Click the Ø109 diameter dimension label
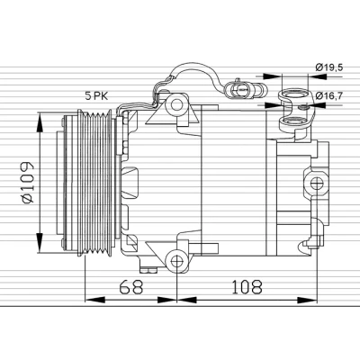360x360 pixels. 28,183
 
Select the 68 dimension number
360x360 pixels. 131,286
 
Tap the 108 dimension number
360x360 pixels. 247,286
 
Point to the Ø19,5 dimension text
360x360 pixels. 328,67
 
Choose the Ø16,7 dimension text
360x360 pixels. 328,95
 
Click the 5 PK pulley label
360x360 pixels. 96,95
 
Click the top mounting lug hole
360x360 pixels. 176,104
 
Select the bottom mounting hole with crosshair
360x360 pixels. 177,261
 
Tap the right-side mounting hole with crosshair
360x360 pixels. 317,184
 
